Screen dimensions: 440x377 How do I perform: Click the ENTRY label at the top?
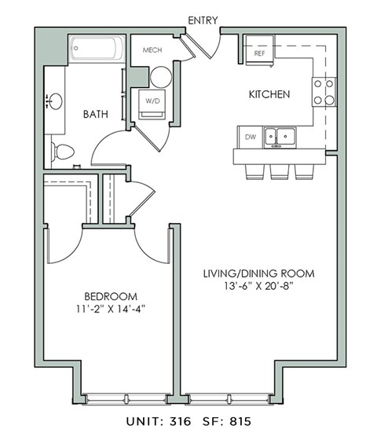203,20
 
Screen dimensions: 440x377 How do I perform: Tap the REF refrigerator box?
259,53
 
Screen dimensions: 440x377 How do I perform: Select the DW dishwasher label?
251,137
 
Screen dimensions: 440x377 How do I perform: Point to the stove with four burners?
323,90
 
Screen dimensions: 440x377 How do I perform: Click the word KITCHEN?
269,94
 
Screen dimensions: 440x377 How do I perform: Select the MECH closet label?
152,51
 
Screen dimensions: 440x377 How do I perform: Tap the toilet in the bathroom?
61,151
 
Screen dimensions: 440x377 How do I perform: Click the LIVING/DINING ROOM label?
258,273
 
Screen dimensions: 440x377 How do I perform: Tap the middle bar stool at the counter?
279,171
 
